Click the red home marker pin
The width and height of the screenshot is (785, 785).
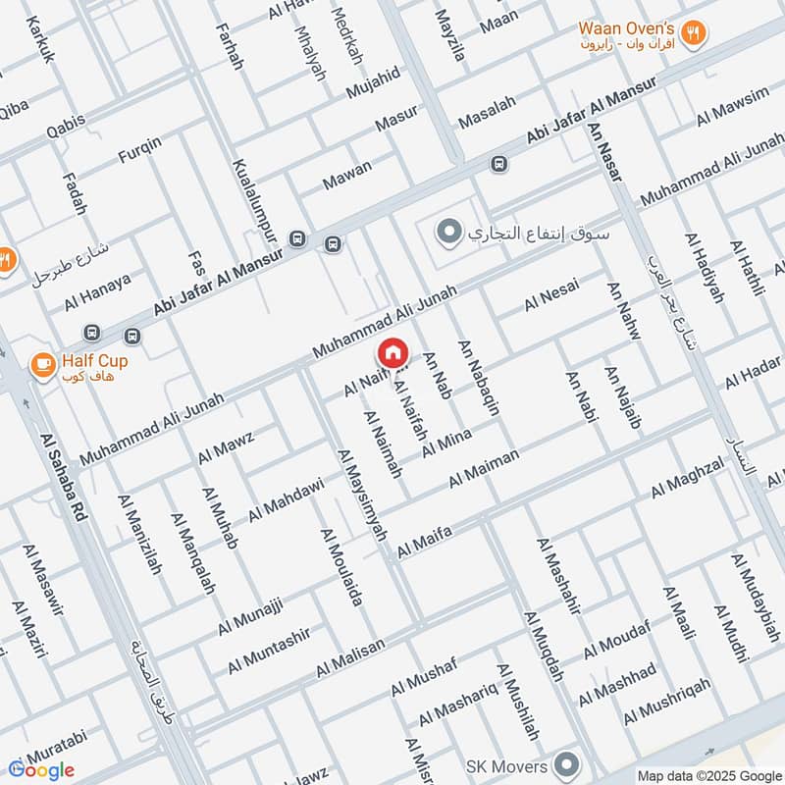click(392, 352)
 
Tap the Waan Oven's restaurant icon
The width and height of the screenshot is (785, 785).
click(695, 31)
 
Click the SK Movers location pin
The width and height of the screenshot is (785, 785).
click(565, 762)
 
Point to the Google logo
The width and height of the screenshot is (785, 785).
click(41, 769)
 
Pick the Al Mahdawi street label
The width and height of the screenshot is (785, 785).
click(286, 499)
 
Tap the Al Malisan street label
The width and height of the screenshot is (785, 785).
click(350, 658)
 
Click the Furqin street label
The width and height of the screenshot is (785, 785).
click(140, 149)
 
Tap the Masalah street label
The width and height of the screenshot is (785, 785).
click(487, 115)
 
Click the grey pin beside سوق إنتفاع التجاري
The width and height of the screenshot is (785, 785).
click(449, 233)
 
